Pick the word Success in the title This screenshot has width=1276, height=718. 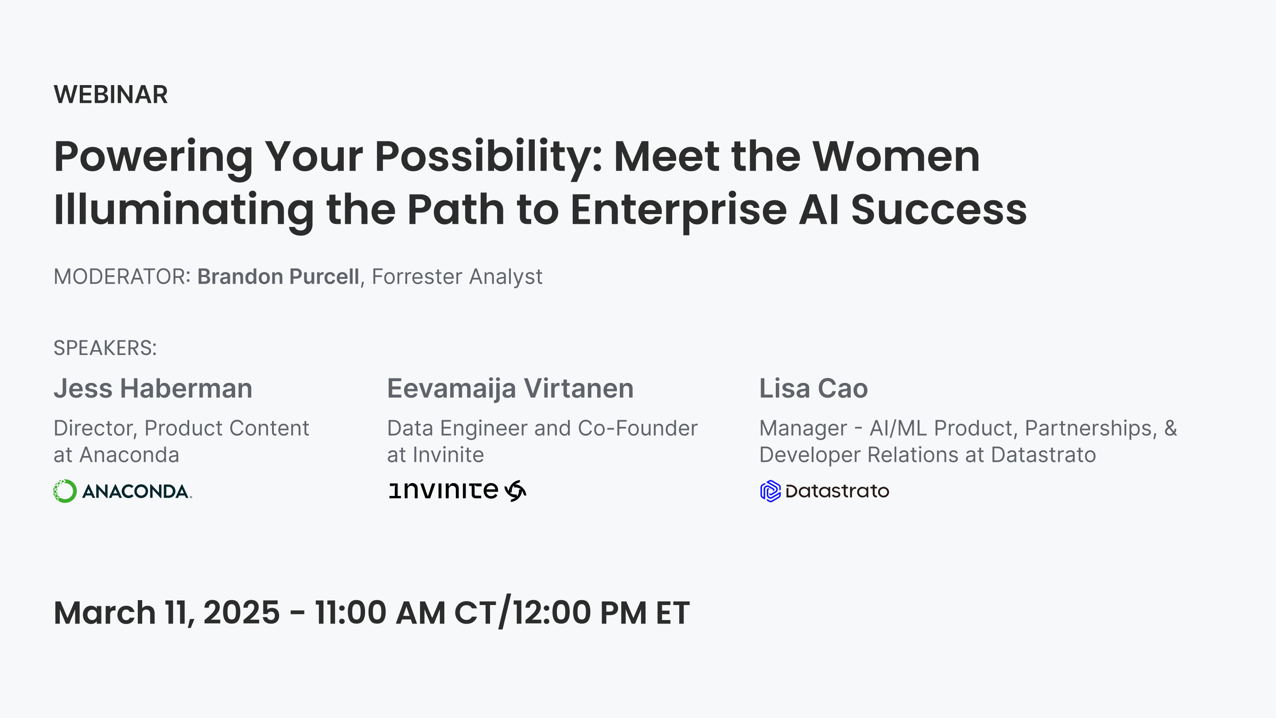click(939, 210)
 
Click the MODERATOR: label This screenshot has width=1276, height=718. click(122, 277)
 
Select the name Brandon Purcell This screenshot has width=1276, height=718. click(278, 277)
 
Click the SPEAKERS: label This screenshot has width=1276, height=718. click(105, 348)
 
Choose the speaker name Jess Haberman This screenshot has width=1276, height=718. click(153, 389)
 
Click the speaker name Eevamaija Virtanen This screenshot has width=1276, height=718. click(510, 389)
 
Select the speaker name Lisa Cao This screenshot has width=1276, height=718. click(813, 389)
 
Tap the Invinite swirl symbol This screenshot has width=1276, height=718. click(515, 491)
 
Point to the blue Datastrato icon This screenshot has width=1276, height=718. click(770, 491)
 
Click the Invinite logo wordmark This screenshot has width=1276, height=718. click(443, 491)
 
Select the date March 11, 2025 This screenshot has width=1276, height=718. click(167, 613)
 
